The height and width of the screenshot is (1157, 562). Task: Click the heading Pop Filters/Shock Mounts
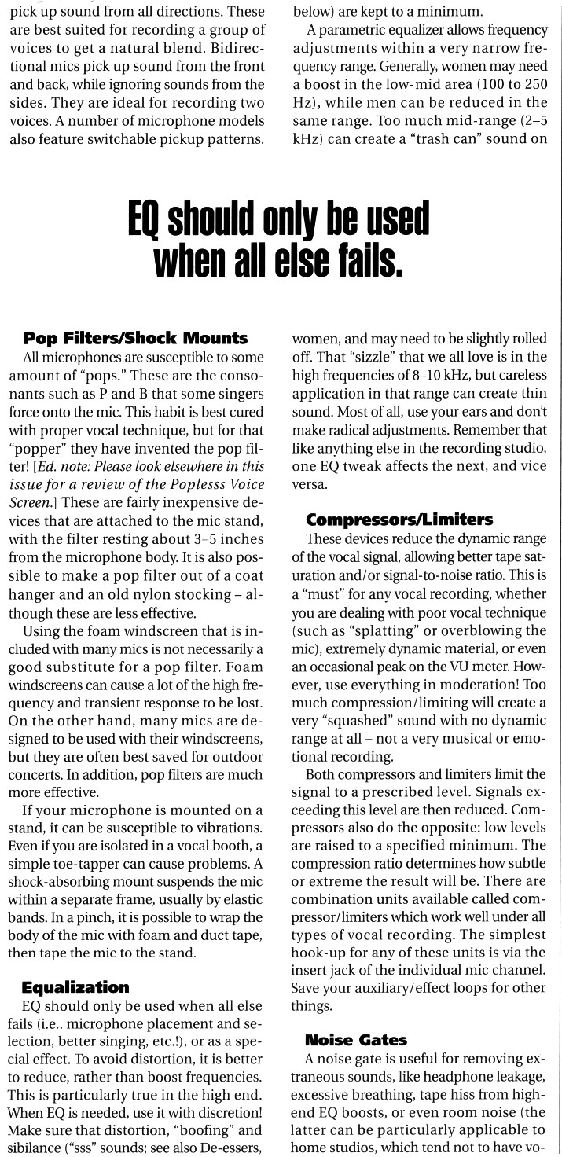pyautogui.click(x=135, y=339)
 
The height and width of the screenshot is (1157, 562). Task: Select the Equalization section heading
pyautogui.click(x=75, y=986)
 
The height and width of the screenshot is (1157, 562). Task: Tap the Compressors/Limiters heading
pyautogui.click(x=399, y=520)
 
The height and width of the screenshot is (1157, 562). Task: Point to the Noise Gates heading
pyautogui.click(x=356, y=1039)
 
